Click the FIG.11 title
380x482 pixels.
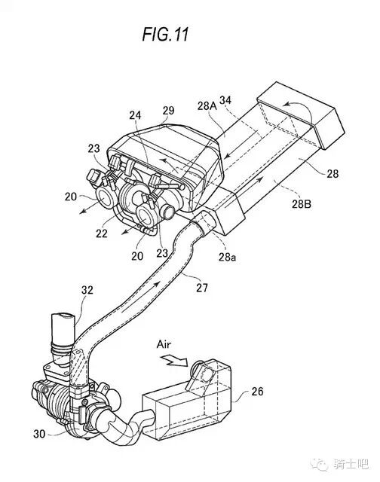coord(165,34)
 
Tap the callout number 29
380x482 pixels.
coord(168,111)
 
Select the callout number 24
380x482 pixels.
coord(135,115)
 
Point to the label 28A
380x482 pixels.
coord(207,106)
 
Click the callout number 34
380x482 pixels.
coord(225,100)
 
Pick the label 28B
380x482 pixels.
coord(302,204)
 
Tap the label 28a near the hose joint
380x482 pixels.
coord(228,257)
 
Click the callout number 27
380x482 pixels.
coord(202,288)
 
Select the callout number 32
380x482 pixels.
coord(87,289)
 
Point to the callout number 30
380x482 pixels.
coord(39,434)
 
